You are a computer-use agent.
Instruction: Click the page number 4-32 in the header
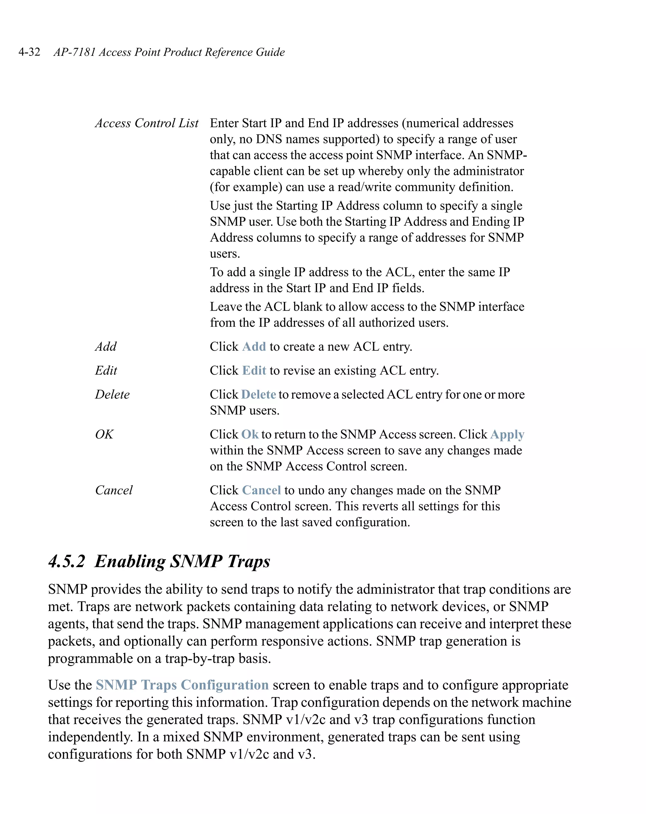tap(29, 52)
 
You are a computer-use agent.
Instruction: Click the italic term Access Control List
tap(146, 123)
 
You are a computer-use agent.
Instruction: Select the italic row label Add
tap(106, 346)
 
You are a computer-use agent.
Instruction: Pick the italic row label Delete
tap(112, 394)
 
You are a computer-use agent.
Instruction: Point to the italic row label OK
tap(104, 434)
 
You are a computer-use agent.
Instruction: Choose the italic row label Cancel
tap(114, 490)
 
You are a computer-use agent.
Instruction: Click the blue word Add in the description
tap(254, 346)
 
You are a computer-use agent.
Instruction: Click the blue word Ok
tap(250, 434)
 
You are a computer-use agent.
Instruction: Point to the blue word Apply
tap(507, 435)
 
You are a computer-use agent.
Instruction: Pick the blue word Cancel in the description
tap(261, 490)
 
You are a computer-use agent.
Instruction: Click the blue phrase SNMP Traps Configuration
tap(182, 685)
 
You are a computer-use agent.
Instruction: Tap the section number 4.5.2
tap(67, 561)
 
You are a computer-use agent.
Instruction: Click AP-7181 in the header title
tap(74, 52)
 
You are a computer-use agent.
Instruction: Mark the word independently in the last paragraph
tap(90, 737)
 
